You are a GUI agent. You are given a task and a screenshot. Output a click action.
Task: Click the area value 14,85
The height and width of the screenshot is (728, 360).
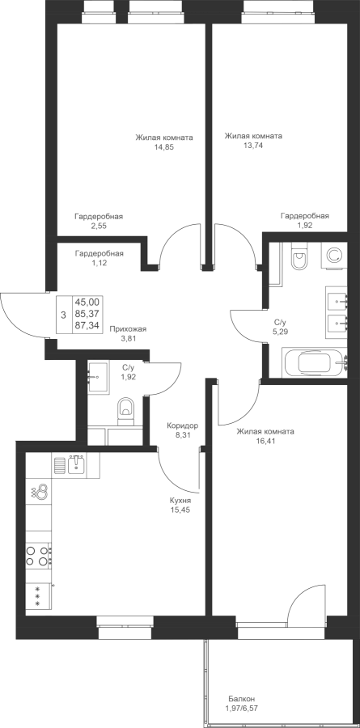164,147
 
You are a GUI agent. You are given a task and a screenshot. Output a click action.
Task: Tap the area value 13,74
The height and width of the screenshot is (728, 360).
253,146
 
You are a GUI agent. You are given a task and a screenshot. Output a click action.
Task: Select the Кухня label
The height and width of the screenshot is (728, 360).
180,501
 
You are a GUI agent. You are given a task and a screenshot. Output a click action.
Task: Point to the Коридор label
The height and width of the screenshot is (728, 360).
183,425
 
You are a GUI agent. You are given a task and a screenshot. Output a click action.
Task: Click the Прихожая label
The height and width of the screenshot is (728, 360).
128,329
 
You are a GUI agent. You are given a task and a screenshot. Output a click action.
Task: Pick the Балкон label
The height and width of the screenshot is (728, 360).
241,699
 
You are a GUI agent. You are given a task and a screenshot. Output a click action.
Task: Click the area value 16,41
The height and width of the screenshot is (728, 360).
265,441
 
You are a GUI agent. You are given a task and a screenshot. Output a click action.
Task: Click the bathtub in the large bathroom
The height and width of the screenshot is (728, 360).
315,362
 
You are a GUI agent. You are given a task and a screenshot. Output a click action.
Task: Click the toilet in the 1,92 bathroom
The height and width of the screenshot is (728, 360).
125,410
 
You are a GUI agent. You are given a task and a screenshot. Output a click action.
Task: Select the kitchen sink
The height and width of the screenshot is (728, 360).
76,464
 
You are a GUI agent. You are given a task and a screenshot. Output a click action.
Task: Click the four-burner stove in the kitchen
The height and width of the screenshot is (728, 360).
38,555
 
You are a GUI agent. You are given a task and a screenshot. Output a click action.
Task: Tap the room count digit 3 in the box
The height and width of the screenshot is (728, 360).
64,315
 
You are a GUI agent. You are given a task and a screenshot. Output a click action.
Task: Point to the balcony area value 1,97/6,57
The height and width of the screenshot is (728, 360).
241,709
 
